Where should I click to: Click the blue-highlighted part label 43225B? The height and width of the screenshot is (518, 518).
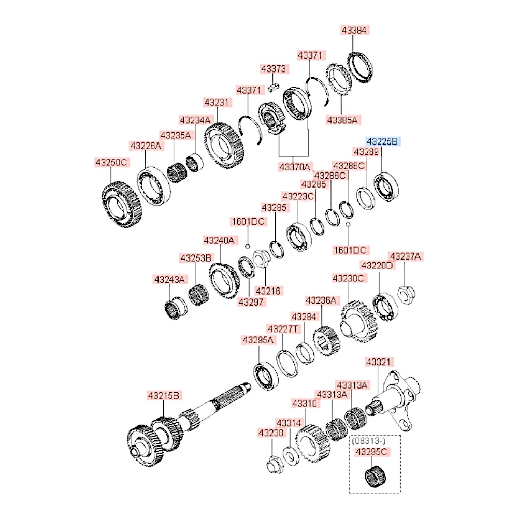tap(383, 142)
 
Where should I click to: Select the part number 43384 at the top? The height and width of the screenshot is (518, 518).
tap(354, 31)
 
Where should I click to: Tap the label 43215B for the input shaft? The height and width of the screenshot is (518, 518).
tap(164, 395)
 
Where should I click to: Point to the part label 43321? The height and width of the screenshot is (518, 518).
tap(378, 362)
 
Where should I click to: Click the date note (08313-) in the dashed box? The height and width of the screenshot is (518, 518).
tap(368, 441)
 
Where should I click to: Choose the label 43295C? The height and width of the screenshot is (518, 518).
tap(371, 452)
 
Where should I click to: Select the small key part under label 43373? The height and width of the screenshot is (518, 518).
tap(274, 87)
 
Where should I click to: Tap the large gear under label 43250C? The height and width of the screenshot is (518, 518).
tap(122, 205)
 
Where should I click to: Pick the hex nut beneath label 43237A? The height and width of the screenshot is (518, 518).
tap(406, 295)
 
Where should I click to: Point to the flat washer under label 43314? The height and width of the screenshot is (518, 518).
tap(291, 456)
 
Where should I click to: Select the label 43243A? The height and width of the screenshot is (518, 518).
tap(170, 280)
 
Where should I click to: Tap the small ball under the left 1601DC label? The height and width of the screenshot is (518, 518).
tap(247, 246)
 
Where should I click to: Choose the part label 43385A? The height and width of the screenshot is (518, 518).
tap(342, 120)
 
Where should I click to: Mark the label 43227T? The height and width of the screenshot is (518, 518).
tap(283, 329)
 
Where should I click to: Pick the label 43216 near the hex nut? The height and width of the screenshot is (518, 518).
tap(268, 291)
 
